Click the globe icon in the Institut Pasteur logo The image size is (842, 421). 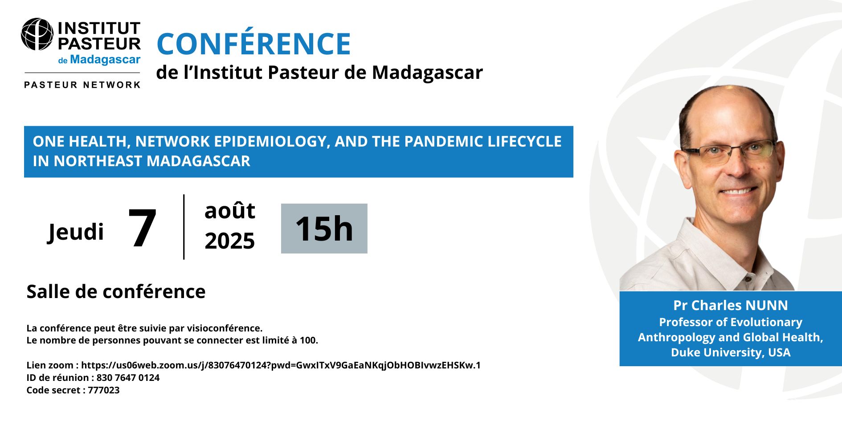click(x=37, y=34)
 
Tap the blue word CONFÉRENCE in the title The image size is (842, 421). click(x=254, y=44)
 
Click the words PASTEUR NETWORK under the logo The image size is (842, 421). click(x=82, y=85)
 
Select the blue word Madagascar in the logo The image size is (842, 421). click(x=105, y=60)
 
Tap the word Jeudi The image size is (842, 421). click(x=76, y=232)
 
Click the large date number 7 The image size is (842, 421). click(x=142, y=228)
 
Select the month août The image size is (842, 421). click(x=230, y=211)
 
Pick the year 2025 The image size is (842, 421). click(x=230, y=241)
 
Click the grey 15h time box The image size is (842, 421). click(x=324, y=229)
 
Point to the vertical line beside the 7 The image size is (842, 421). click(x=184, y=227)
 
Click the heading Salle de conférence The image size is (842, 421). click(x=116, y=292)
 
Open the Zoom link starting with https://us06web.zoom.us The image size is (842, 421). click(x=281, y=365)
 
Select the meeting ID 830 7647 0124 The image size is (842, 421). click(x=128, y=378)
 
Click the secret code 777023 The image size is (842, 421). click(x=104, y=390)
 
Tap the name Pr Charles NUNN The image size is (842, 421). click(x=731, y=305)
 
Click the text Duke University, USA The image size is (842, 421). click(x=731, y=352)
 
